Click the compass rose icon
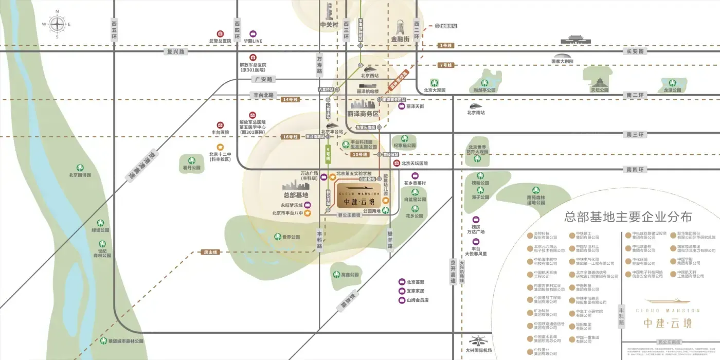(57, 24)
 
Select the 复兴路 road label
(175, 51)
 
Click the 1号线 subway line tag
(445, 45)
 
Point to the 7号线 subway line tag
(445, 65)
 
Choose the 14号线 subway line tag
(290, 99)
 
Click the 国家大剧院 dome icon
(562, 56)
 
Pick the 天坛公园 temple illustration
(599, 80)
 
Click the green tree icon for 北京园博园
(80, 168)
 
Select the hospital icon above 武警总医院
(220, 33)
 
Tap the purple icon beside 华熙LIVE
(253, 33)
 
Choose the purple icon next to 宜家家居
(402, 291)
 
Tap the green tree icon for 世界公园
(278, 237)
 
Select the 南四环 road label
(635, 169)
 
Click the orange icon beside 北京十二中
(220, 147)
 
